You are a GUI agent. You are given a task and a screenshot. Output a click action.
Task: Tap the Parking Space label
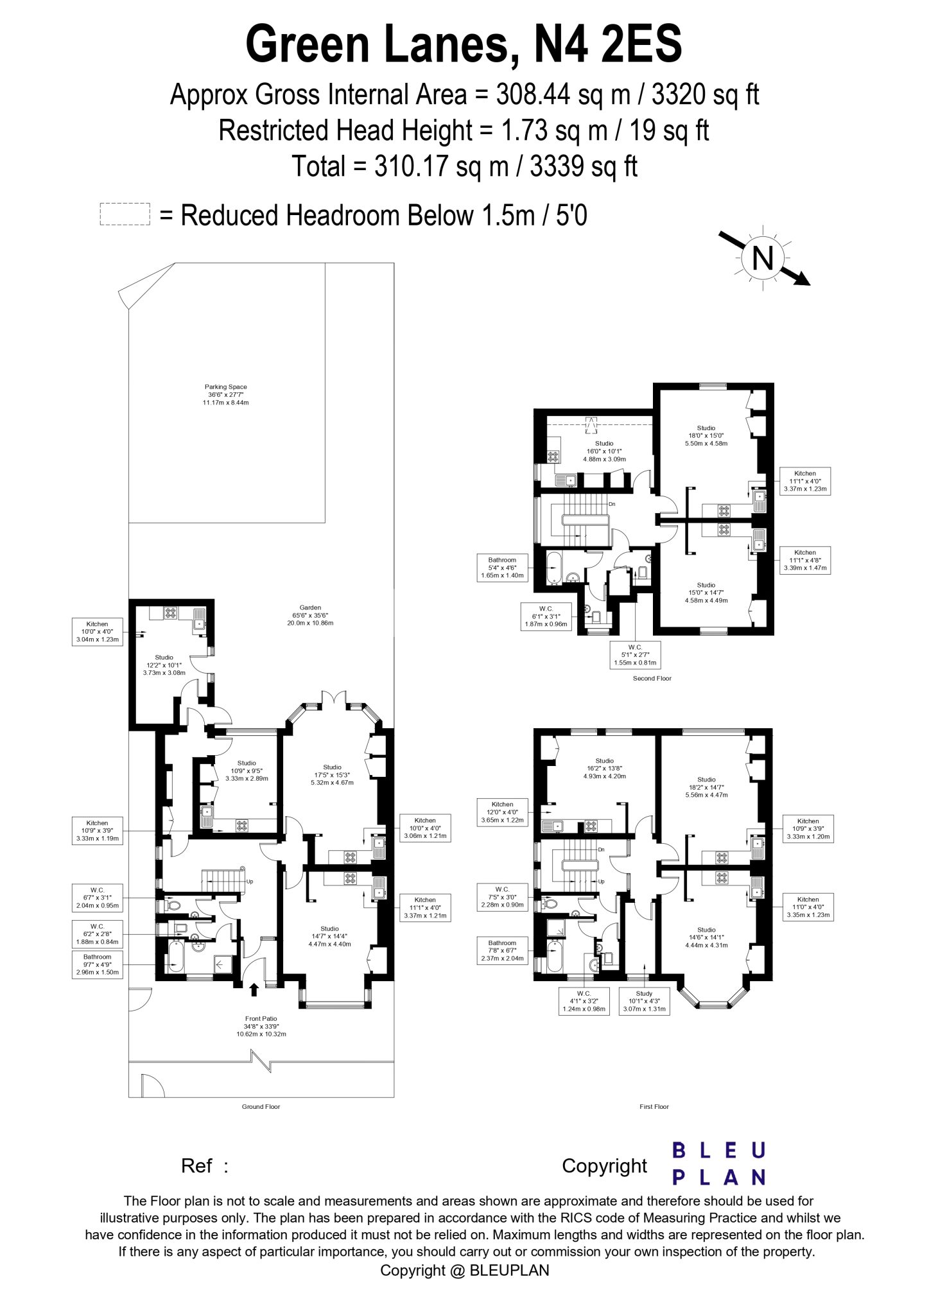click(x=226, y=394)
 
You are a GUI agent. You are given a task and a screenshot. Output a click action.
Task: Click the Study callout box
click(x=644, y=1002)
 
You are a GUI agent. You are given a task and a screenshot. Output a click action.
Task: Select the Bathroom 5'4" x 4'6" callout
click(x=503, y=568)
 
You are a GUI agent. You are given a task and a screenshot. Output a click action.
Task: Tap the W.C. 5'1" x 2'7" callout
click(x=636, y=654)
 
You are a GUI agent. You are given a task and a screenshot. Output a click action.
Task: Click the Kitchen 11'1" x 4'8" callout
click(x=804, y=560)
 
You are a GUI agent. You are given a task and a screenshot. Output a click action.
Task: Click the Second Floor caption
click(x=653, y=678)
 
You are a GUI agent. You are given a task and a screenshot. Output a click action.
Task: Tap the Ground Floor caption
click(x=261, y=1106)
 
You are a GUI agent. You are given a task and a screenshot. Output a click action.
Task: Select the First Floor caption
click(x=654, y=1106)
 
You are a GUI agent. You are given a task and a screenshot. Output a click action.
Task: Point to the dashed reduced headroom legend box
click(x=125, y=214)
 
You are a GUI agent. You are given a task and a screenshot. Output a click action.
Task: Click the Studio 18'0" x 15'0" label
click(x=706, y=435)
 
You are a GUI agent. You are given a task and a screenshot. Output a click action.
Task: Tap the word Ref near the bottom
click(x=197, y=1165)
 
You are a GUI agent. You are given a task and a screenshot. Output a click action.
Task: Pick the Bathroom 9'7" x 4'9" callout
click(x=96, y=964)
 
